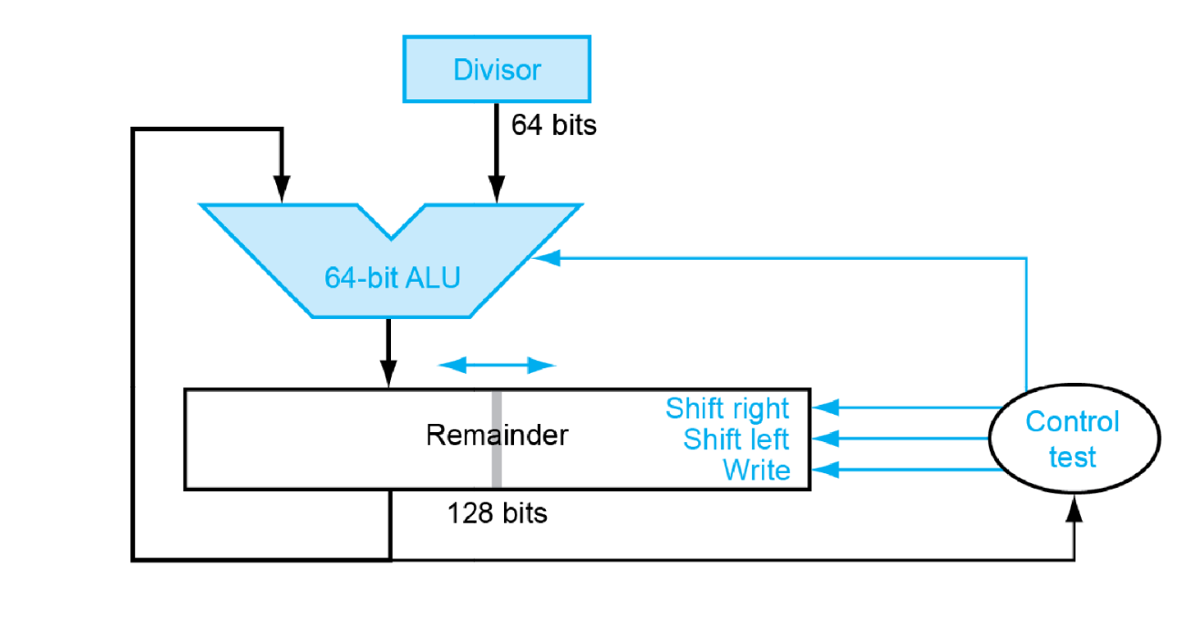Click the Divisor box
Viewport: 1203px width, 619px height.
pyautogui.click(x=497, y=69)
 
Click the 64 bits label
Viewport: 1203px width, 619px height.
pyautogui.click(x=553, y=125)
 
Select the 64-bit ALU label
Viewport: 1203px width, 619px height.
pyautogui.click(x=392, y=276)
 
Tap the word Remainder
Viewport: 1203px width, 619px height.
pyautogui.click(x=497, y=435)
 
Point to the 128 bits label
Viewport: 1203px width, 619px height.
pyautogui.click(x=497, y=513)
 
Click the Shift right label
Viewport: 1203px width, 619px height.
pyautogui.click(x=727, y=408)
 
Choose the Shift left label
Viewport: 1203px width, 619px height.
pyautogui.click(x=736, y=439)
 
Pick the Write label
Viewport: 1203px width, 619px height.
pyautogui.click(x=756, y=470)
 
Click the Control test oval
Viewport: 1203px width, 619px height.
pyautogui.click(x=1073, y=439)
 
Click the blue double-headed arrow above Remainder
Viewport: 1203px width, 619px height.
pyautogui.click(x=497, y=366)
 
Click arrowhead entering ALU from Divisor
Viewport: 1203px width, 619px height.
pyautogui.click(x=496, y=192)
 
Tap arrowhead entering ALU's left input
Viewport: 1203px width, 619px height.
pyautogui.click(x=283, y=192)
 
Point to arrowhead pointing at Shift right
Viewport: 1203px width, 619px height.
pyautogui.click(x=824, y=408)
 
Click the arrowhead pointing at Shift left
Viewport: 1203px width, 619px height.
pyautogui.click(x=824, y=439)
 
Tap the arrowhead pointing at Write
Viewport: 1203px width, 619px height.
pyautogui.click(x=824, y=470)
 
